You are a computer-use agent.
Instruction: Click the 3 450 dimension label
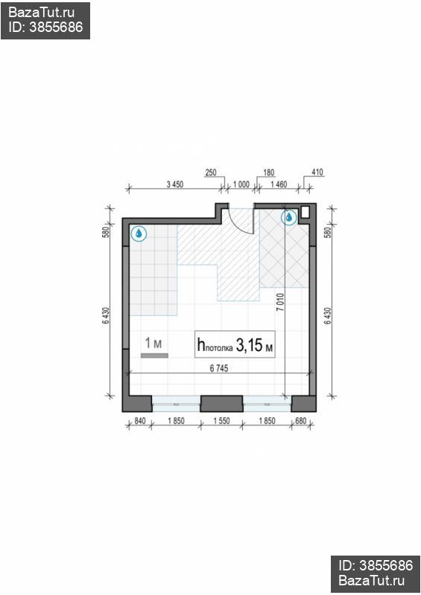click(x=175, y=184)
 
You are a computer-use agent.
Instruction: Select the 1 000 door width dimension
click(x=241, y=184)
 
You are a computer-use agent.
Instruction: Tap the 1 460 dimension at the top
click(x=279, y=184)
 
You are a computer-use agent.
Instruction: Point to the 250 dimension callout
click(x=210, y=173)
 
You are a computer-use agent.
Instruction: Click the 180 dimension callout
click(x=268, y=173)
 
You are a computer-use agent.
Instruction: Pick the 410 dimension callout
click(x=317, y=173)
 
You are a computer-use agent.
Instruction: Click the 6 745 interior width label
click(x=219, y=368)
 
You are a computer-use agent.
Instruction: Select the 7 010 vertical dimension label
click(x=280, y=303)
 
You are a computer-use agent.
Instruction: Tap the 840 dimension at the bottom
click(x=140, y=421)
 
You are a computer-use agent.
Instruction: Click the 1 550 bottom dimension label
click(x=221, y=421)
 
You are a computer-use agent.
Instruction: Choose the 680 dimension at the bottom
click(x=300, y=421)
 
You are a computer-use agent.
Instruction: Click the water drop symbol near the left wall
click(x=139, y=234)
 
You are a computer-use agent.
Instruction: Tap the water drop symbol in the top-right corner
click(x=288, y=217)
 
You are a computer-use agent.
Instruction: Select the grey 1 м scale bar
click(x=154, y=356)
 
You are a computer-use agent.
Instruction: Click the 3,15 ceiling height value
click(x=249, y=345)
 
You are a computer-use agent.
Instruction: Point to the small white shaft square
click(x=306, y=212)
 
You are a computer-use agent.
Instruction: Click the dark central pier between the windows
click(x=222, y=404)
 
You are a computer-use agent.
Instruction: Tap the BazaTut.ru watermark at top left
click(x=41, y=13)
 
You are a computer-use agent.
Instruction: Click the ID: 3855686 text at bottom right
click(x=376, y=565)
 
